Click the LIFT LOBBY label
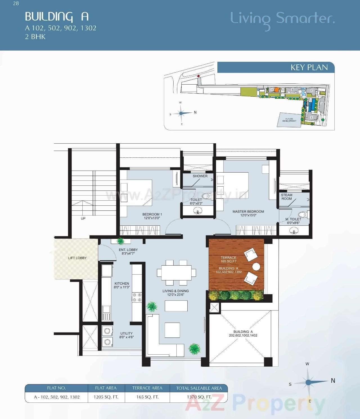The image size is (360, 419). tap(77, 258)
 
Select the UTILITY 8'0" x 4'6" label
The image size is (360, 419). tap(126, 335)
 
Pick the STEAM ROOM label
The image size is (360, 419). tap(287, 197)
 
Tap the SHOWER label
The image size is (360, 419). tap(200, 176)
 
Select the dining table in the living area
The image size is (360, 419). tap(176, 273)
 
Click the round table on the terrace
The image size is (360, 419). tap(256, 266)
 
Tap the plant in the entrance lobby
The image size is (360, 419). tap(120, 241)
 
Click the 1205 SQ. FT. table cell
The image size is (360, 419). tap(106, 397)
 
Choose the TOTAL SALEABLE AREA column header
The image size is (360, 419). tap(199, 388)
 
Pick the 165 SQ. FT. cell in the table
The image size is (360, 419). tap(147, 397)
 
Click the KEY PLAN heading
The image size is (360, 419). tap(309, 67)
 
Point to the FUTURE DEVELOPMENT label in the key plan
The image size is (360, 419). tap(289, 120)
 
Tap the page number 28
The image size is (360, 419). tap(16, 4)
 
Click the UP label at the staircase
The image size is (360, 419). tap(83, 218)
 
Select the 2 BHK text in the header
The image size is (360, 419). tap(35, 37)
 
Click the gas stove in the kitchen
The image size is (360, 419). tap(137, 297)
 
